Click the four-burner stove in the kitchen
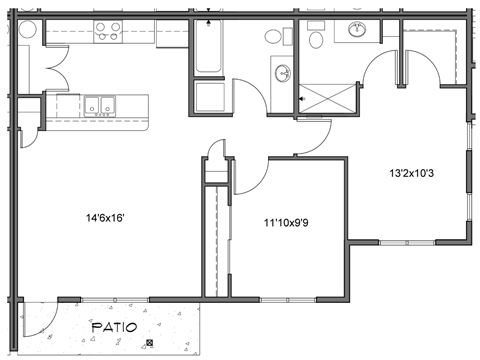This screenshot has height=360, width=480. (x=107, y=30)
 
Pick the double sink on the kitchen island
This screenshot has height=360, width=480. (x=100, y=104)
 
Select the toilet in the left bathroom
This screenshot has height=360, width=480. (x=274, y=37)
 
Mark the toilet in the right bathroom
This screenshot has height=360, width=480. (x=316, y=39)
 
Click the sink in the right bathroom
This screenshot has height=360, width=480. (x=356, y=31)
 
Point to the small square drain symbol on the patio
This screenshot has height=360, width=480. (x=149, y=344)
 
